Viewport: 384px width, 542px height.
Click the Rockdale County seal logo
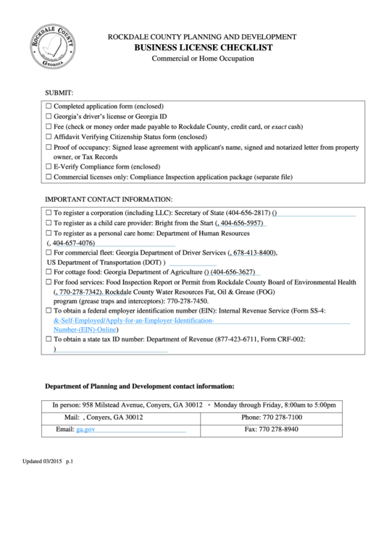[51, 46]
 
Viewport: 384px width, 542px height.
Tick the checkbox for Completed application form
[49, 106]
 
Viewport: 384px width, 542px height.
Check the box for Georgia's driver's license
[49, 116]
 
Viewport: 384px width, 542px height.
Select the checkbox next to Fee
[49, 126]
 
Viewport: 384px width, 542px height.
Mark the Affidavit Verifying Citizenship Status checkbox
[49, 136]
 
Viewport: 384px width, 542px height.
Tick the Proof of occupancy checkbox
[49, 147]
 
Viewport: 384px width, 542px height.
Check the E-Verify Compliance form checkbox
[49, 166]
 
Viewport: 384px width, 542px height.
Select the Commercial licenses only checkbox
[49, 177]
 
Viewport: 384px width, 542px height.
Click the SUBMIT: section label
[65, 93]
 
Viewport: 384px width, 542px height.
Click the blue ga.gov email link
[85, 430]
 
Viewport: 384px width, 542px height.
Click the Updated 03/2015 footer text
[48, 461]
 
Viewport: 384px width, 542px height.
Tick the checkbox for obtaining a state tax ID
[49, 339]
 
